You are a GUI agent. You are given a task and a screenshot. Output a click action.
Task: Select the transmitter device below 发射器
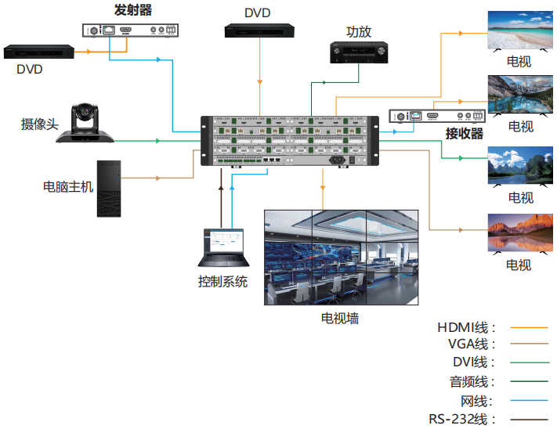pos(130,31)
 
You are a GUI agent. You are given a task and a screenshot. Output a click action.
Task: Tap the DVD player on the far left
pos(38,52)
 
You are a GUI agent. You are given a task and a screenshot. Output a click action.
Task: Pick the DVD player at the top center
pos(259,31)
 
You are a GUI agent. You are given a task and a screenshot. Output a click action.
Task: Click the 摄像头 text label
pos(39,124)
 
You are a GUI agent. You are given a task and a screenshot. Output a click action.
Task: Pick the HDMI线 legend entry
pos(466,327)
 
